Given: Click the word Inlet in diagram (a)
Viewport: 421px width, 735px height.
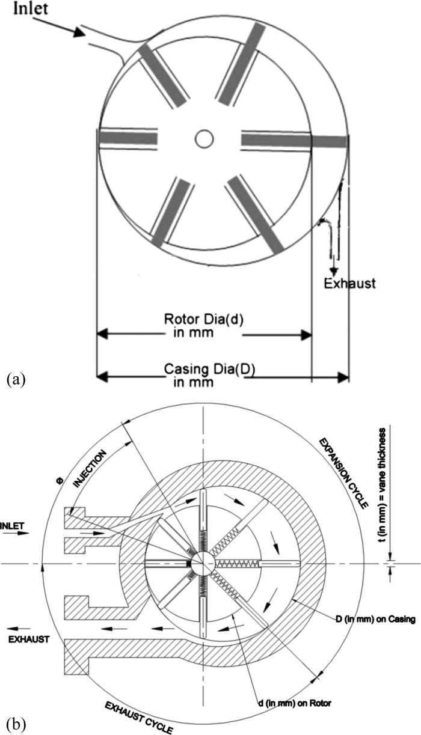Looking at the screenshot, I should click(25, 10).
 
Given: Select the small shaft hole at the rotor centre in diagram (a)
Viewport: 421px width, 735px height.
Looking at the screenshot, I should click(204, 139).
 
